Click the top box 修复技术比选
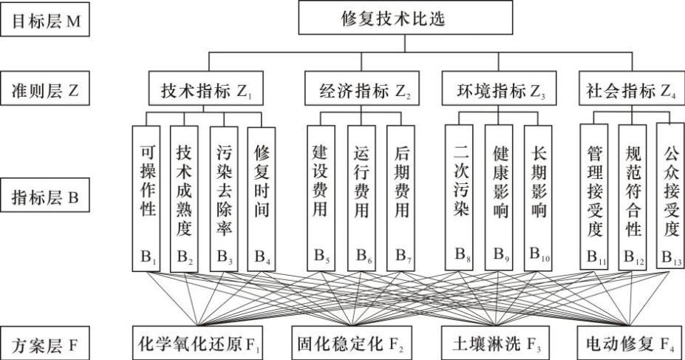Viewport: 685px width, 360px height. (x=405, y=18)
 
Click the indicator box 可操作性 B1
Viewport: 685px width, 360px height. (x=146, y=197)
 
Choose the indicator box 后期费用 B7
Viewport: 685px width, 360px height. (x=400, y=197)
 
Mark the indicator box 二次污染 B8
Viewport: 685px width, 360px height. (x=458, y=197)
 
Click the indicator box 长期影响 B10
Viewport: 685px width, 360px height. (x=538, y=197)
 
